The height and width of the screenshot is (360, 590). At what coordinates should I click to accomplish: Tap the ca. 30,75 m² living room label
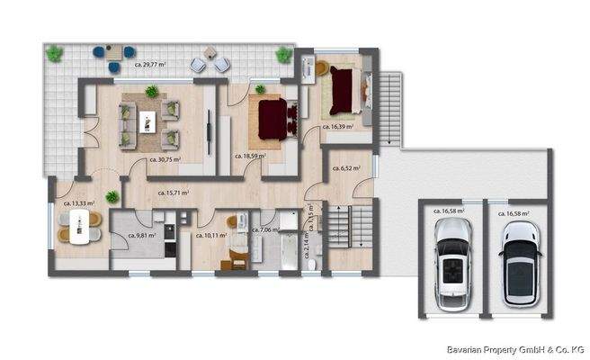163,160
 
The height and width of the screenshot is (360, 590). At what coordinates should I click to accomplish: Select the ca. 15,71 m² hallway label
174,193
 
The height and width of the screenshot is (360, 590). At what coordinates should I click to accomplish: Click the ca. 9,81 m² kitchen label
142,236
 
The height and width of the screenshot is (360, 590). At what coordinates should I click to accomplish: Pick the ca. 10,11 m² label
210,233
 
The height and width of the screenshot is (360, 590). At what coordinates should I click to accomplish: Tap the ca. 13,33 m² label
79,204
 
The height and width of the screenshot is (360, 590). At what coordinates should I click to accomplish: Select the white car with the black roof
519,265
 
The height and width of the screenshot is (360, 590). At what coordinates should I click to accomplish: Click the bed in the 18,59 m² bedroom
273,118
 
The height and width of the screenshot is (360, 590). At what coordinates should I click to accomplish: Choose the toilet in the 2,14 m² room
310,263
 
